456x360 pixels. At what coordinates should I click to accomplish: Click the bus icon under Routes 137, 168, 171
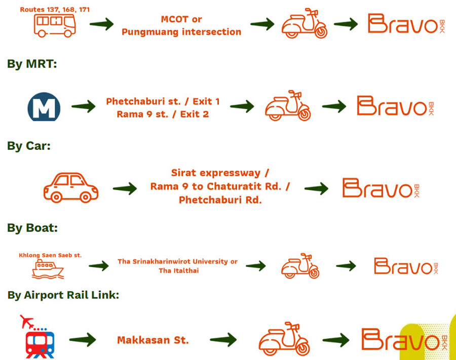tap(55, 25)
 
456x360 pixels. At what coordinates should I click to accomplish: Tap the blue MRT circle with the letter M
tap(44, 107)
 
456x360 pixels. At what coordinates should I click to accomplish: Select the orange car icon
tap(70, 188)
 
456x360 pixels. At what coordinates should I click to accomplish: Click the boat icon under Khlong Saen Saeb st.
tap(48, 269)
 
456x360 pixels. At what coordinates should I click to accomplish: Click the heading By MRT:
tap(32, 64)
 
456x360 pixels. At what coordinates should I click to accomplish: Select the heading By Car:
tap(29, 146)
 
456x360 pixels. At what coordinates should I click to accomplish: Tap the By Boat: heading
tap(32, 228)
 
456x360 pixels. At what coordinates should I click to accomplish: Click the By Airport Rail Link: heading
tap(63, 295)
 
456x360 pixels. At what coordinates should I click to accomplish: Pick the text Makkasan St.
tap(153, 340)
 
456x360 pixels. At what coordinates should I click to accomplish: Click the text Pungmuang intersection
tap(181, 32)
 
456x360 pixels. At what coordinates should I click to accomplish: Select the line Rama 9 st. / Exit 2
tap(163, 114)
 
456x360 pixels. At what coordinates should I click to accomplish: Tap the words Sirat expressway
tap(216, 173)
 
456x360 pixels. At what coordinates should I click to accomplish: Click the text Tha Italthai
tap(179, 271)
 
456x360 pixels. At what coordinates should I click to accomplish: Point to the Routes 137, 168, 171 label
tap(55, 10)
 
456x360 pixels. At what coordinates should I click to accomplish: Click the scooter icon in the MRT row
tap(288, 106)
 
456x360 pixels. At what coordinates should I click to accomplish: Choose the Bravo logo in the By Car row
tap(381, 188)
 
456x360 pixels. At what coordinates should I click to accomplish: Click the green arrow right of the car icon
tap(125, 188)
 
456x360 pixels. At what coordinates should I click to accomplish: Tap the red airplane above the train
tap(27, 322)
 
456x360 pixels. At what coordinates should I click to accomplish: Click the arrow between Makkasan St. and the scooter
tap(223, 340)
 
